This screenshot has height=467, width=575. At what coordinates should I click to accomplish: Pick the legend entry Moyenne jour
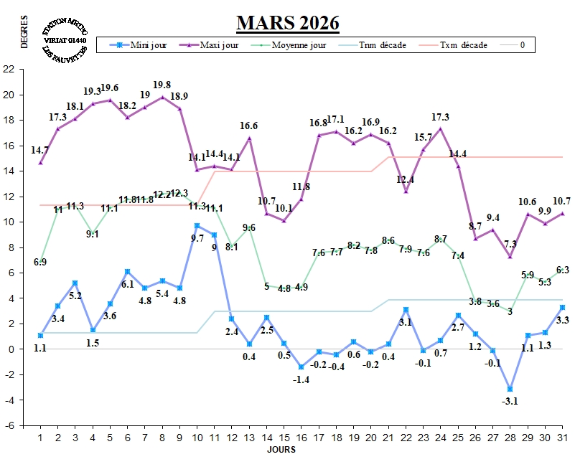tap(300, 45)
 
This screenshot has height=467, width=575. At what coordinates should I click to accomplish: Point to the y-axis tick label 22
tap(9, 70)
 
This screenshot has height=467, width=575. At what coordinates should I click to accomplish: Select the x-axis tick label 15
tap(284, 438)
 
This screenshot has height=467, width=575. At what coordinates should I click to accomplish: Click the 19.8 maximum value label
tap(162, 84)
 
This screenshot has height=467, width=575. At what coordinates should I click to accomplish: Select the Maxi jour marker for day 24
tap(441, 129)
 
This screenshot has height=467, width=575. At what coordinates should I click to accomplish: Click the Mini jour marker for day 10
tap(197, 226)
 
